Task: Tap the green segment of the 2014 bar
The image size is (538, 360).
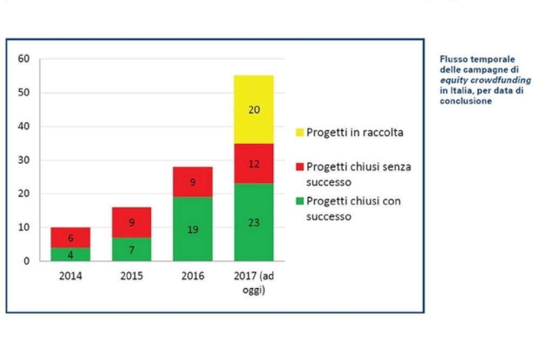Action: tap(70, 254)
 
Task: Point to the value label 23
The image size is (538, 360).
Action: tap(254, 222)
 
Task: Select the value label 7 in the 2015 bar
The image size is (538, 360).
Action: tap(132, 250)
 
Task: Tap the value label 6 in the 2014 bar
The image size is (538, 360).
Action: tap(70, 237)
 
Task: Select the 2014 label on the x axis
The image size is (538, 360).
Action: tap(70, 276)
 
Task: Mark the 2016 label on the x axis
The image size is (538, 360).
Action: tap(193, 276)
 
